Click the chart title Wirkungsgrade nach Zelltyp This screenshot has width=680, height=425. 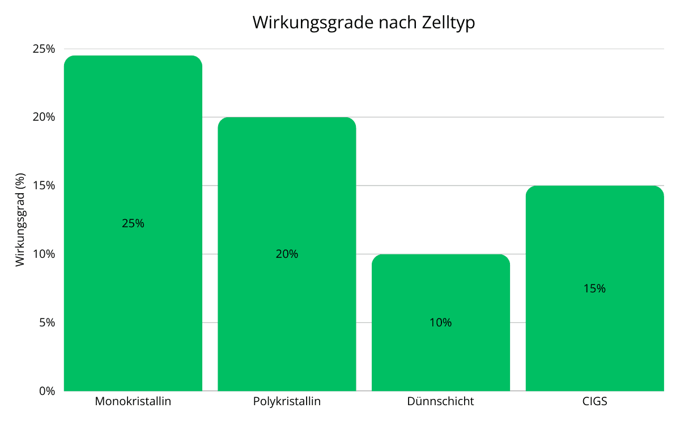363,23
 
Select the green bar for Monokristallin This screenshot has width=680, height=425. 133,142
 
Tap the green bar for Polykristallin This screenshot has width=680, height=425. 287,187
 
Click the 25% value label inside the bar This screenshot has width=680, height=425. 133,223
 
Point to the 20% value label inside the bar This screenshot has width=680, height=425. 287,254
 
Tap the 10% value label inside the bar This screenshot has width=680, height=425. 441,322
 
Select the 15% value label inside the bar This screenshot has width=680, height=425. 594,288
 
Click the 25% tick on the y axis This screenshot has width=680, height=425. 44,49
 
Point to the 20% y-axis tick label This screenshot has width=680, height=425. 44,117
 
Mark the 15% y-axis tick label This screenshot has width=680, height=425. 44,186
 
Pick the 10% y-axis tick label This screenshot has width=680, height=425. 44,254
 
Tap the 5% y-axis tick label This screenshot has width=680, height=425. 46,322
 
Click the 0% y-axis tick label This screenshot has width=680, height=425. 46,391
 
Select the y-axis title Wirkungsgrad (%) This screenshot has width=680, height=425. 20,220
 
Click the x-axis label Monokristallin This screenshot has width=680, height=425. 133,402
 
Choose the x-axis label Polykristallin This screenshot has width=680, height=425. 287,402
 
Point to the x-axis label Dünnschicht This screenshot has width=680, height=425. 441,402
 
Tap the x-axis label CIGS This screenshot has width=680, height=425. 594,402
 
